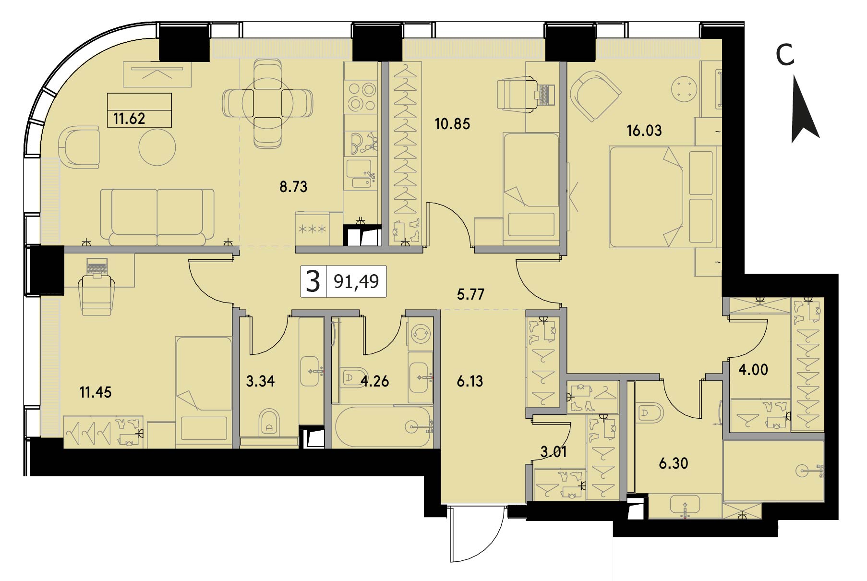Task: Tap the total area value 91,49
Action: tap(356, 281)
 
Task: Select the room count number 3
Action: tap(313, 281)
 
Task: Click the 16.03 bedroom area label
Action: tap(644, 130)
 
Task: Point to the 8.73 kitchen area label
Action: tap(293, 187)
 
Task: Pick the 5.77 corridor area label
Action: tap(470, 294)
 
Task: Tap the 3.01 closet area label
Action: tap(554, 452)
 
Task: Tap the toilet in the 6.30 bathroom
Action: tap(651, 412)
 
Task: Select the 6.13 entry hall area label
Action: tap(470, 382)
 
